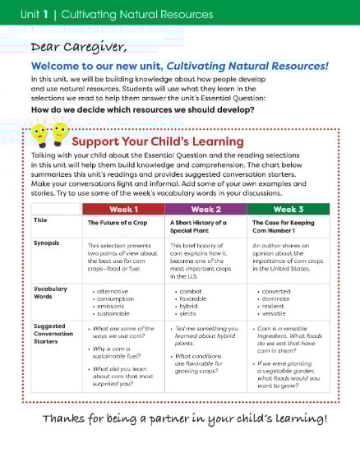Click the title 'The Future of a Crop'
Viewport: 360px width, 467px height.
point(116,222)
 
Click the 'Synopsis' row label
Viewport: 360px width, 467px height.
point(46,243)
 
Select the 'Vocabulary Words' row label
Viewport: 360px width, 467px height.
point(49,293)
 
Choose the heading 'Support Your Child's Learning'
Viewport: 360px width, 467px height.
point(158,141)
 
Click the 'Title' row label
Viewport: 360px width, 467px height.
point(40,220)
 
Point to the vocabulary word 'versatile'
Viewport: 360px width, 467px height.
point(274,313)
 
